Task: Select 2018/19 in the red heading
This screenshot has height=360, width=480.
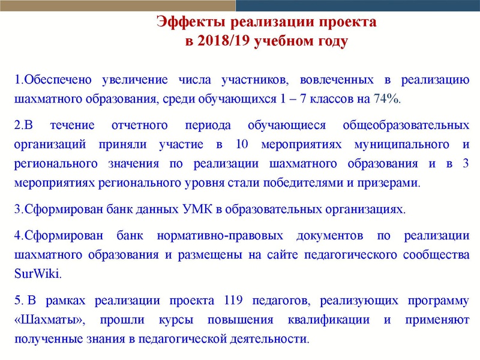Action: coord(224,40)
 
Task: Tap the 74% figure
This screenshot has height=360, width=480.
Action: coord(387,98)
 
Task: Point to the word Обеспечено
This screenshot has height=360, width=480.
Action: coord(58,80)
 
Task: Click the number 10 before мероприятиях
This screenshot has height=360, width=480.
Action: coord(242,144)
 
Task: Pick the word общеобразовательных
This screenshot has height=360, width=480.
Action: coord(406,125)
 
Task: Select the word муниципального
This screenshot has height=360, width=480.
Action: coord(401,145)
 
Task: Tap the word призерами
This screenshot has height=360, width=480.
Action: coord(389,183)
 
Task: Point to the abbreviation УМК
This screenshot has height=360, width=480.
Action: coord(197,209)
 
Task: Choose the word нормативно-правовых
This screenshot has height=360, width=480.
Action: coord(220,236)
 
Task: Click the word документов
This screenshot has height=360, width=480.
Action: coord(329,236)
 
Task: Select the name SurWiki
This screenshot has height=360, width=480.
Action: coord(38,274)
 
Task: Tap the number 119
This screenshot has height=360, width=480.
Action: coord(233,300)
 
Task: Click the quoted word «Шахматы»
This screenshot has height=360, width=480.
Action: coord(50,320)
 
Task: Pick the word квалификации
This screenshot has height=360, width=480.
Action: coord(328,320)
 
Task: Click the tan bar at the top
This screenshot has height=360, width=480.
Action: coord(118,5)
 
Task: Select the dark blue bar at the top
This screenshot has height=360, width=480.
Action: coord(358,5)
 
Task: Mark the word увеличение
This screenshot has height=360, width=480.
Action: coord(134,80)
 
